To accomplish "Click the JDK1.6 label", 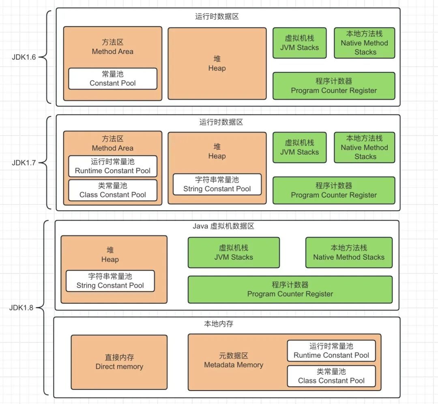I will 24,57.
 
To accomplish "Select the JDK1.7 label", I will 24,163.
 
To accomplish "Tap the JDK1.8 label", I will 21,307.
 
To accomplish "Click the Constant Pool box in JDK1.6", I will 112,79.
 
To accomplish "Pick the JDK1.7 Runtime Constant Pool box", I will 112,166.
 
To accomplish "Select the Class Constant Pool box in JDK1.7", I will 112,190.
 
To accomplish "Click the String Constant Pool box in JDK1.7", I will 217,184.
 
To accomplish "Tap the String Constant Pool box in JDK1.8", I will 110,281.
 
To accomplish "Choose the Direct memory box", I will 119,362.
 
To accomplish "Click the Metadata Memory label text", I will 234,361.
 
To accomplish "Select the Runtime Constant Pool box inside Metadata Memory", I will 331,351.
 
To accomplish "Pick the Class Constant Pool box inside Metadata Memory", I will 331,376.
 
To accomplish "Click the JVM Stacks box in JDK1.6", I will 299,43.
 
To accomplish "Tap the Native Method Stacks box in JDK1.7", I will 364,147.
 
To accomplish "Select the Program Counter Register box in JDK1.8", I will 290,289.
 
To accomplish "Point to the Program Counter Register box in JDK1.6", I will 334,86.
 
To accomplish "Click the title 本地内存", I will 219,324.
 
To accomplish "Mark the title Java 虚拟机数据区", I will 223,226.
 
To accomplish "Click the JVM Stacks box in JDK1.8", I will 234,252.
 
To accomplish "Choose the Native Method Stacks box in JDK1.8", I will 349,252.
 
